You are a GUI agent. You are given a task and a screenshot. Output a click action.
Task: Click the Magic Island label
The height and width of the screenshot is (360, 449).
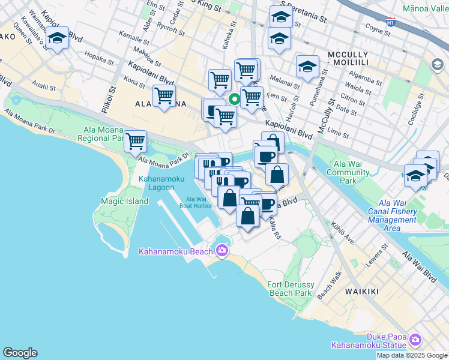(x=125, y=201)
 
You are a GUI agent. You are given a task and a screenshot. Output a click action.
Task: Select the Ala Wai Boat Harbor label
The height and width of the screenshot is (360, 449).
(x=196, y=202)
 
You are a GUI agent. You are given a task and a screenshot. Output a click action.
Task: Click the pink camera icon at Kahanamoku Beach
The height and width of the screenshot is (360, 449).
(x=222, y=250)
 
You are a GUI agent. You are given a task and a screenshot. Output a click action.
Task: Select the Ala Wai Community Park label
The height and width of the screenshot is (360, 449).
(x=348, y=173)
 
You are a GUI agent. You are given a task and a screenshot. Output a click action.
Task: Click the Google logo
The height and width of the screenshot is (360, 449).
(x=20, y=353)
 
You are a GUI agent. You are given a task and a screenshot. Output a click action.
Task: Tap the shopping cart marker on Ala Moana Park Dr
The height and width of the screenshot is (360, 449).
(x=136, y=141)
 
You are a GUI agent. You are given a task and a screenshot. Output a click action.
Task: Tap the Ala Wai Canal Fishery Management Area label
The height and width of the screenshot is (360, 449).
(x=392, y=215)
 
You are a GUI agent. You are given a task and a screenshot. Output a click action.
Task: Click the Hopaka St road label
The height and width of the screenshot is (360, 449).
(x=100, y=59)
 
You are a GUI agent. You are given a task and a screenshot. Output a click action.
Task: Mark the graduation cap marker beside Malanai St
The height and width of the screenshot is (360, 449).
(x=307, y=67)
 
